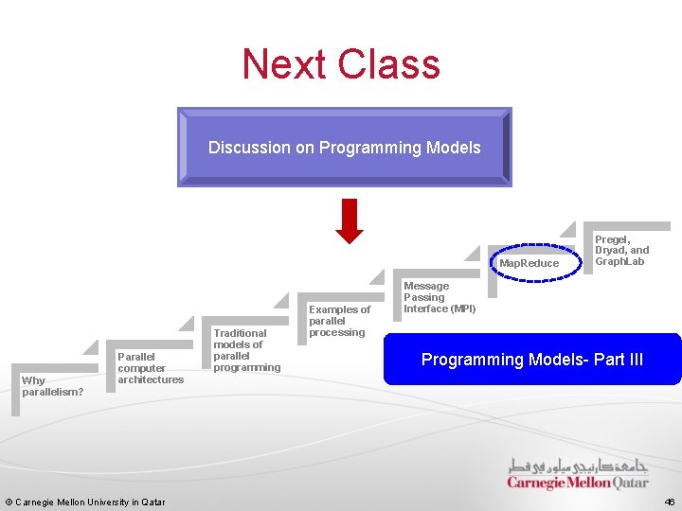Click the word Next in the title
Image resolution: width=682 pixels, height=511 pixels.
tap(285, 64)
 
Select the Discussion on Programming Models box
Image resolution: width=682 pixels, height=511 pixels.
tap(345, 147)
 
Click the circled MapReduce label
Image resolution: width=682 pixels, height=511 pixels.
tap(529, 263)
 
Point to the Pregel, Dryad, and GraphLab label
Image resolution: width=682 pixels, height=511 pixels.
tap(621, 250)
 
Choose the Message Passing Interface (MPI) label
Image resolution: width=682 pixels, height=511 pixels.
tap(440, 297)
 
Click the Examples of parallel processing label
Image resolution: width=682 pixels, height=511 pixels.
tap(339, 321)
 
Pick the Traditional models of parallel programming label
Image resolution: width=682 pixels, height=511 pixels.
tap(246, 350)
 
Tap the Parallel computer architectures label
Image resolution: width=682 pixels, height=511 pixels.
tap(151, 368)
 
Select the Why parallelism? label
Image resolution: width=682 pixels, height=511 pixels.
tap(52, 386)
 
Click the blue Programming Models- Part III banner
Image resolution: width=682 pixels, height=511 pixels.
tap(532, 360)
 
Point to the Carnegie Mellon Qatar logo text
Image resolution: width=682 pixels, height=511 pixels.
tap(578, 483)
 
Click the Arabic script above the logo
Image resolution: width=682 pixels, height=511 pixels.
tap(579, 465)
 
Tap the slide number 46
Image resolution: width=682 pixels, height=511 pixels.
tap(669, 502)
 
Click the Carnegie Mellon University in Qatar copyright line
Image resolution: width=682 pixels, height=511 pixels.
tap(85, 502)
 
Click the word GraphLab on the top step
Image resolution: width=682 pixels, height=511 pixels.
tap(619, 261)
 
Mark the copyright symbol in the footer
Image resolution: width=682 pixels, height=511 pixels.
tap(9, 502)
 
